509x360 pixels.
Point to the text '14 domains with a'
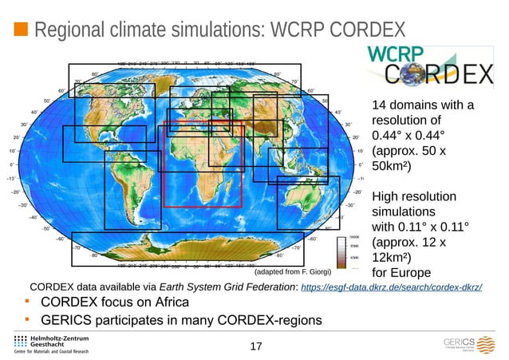tap(423, 105)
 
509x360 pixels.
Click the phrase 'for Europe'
tap(402, 273)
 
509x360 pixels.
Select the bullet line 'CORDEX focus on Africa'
tap(115, 303)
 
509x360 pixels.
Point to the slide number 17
tap(255, 346)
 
